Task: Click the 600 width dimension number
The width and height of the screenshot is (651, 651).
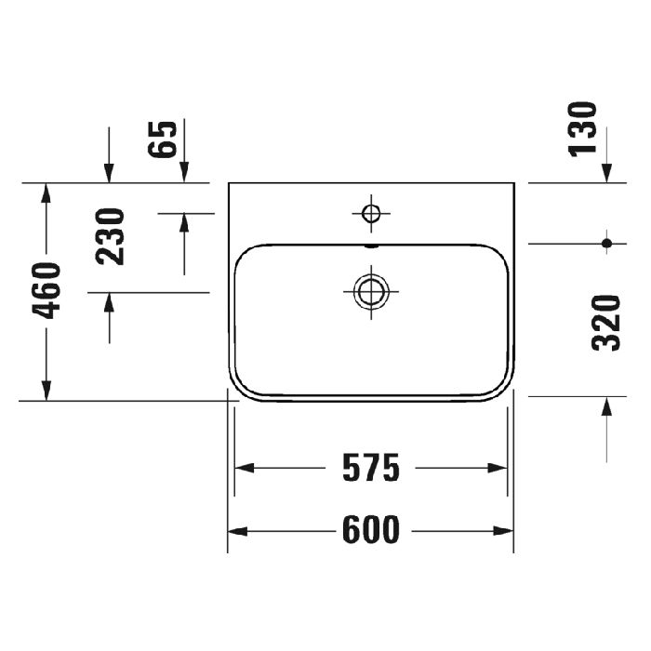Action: (371, 530)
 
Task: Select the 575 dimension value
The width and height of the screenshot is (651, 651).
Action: (370, 468)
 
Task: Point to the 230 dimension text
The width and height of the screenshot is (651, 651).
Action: (112, 236)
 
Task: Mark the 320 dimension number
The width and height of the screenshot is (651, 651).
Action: (606, 322)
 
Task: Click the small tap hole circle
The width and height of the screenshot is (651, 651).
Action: (370, 214)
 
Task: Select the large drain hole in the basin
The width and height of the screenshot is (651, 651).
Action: (370, 291)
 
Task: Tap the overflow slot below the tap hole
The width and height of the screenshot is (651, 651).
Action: (370, 246)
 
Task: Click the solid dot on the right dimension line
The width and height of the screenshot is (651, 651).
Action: (606, 244)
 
